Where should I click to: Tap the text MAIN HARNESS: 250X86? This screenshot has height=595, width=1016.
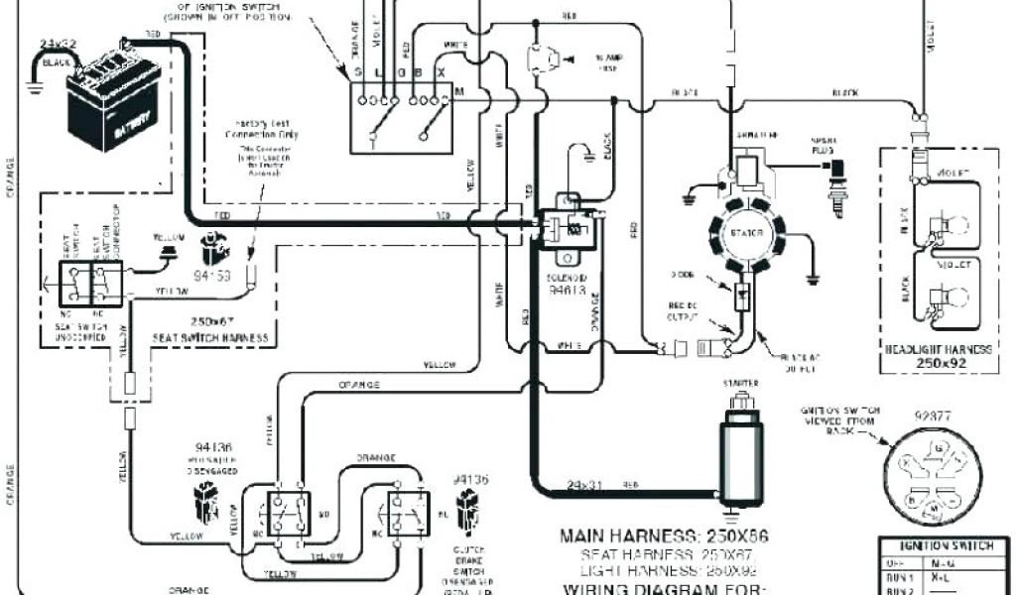tap(664, 536)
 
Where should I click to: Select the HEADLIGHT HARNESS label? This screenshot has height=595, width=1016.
tap(938, 348)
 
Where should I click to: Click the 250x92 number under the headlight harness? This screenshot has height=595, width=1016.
tap(938, 363)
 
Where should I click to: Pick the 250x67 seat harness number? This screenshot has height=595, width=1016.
tap(209, 321)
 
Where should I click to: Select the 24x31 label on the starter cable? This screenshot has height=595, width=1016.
tap(586, 486)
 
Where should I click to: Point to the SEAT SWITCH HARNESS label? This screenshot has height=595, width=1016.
tap(209, 338)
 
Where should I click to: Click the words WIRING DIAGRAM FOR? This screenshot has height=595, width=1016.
tap(664, 588)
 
